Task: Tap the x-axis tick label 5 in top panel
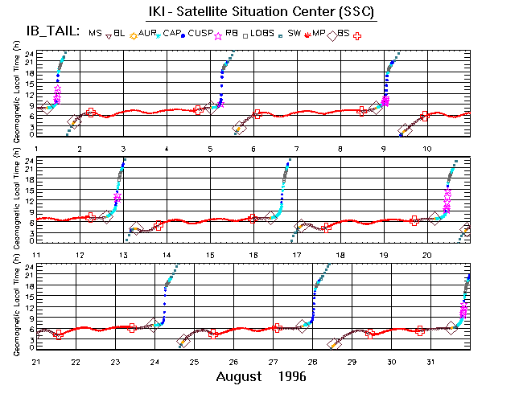click(210, 150)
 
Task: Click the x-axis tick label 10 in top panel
click(427, 150)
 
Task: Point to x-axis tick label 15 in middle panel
click(210, 255)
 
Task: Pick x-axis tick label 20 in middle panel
click(427, 255)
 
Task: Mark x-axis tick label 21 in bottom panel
click(37, 361)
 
